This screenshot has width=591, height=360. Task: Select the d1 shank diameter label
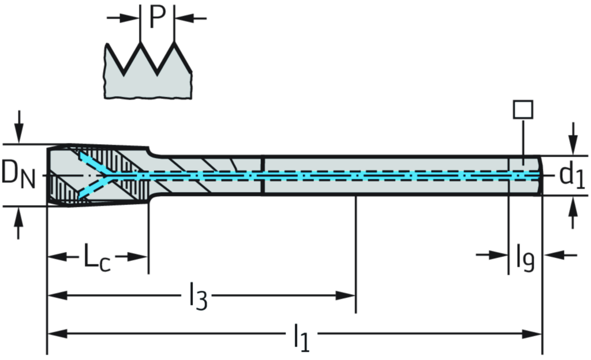tap(571, 175)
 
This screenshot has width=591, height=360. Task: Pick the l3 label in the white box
tap(196, 292)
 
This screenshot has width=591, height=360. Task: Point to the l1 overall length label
tap(302, 335)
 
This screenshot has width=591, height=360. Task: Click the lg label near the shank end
tap(525, 260)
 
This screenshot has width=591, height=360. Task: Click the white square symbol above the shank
tap(523, 110)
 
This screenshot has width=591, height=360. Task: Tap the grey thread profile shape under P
tap(147, 78)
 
